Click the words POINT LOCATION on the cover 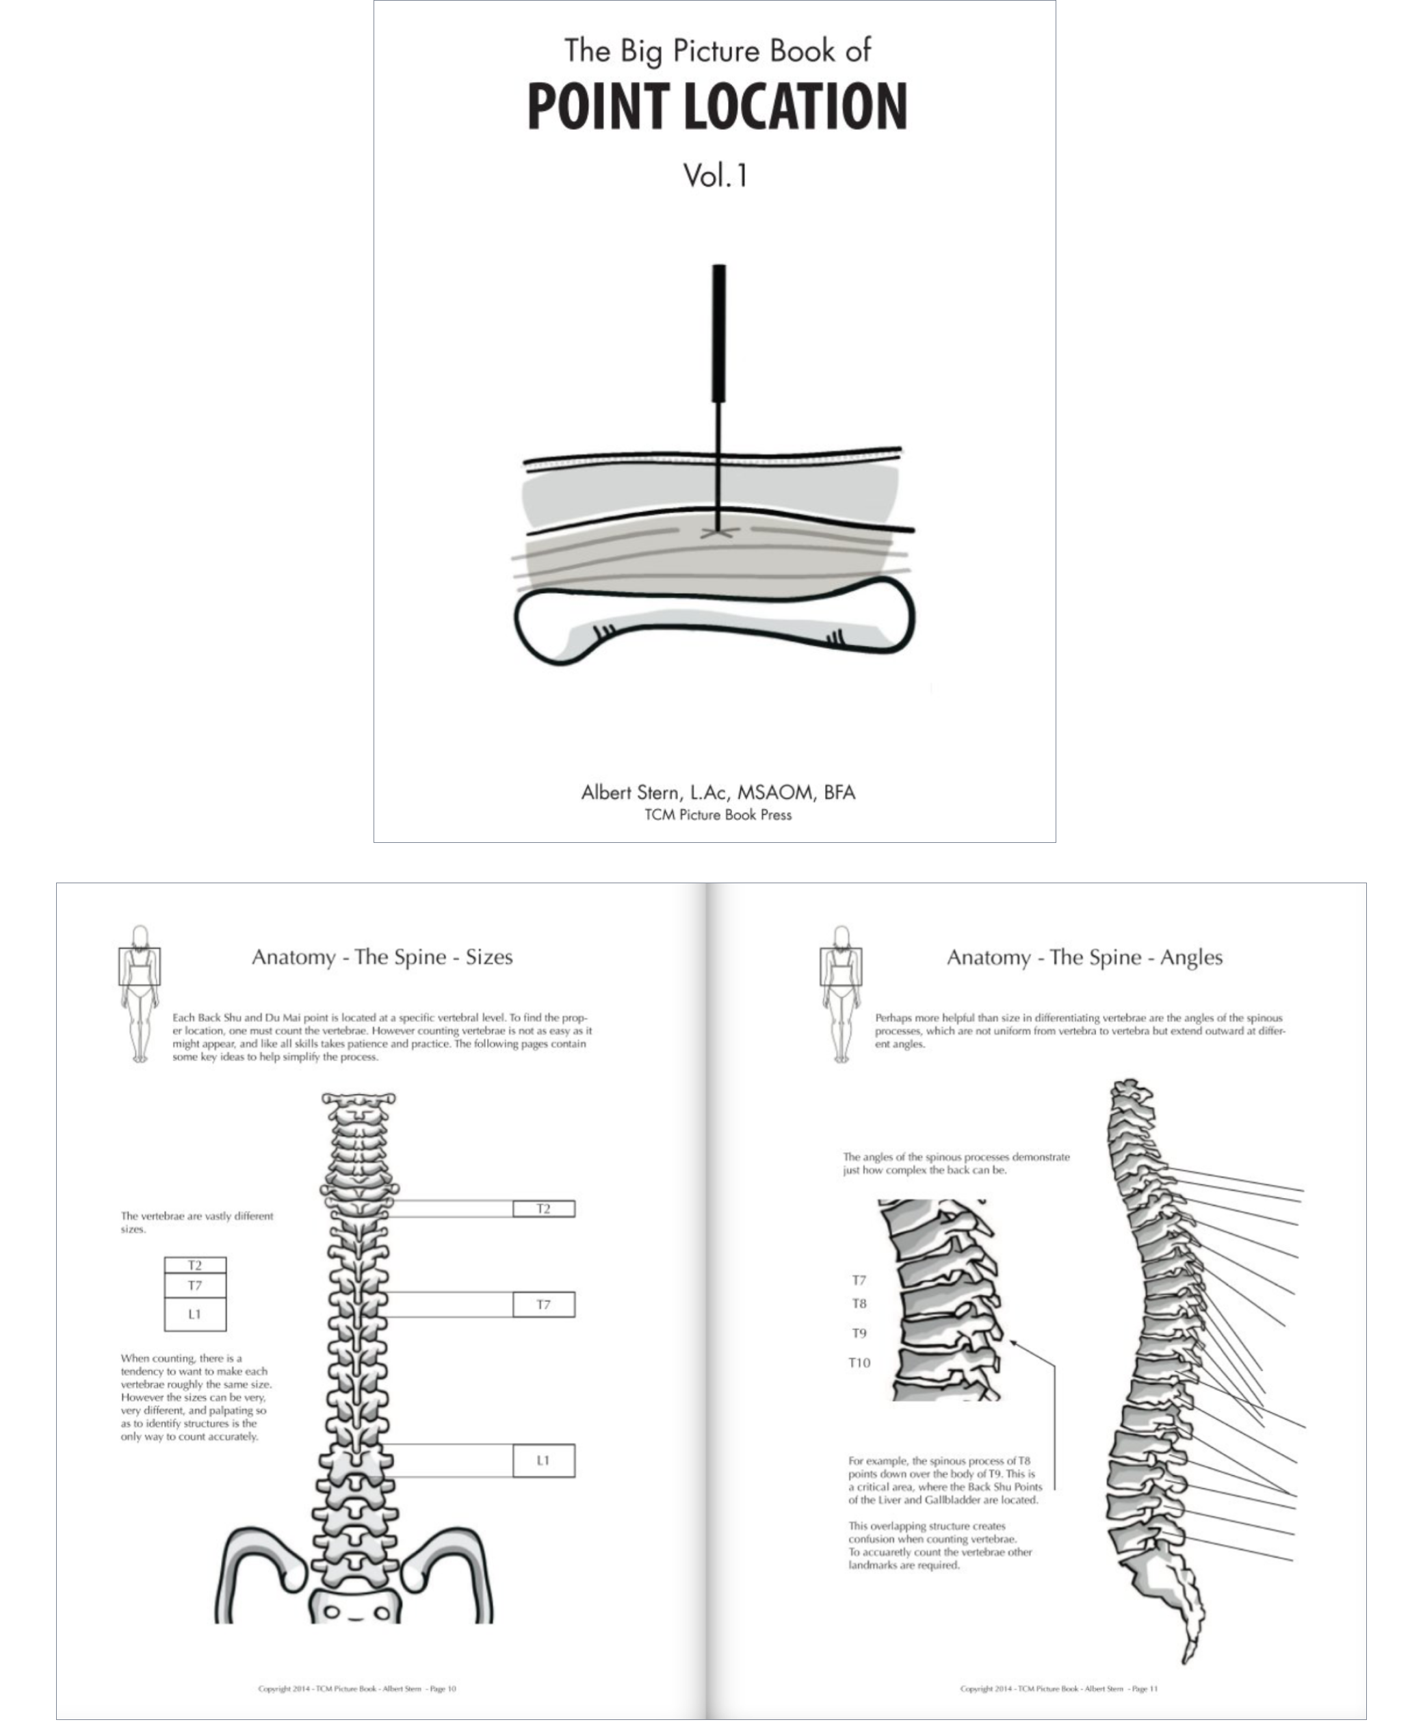[716, 107]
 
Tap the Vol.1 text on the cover [716, 175]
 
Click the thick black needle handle [719, 333]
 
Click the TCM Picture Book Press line [718, 815]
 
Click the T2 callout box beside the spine [543, 1209]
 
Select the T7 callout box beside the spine [543, 1304]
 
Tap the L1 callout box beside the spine [543, 1460]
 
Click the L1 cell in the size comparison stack [195, 1314]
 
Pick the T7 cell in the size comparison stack [195, 1286]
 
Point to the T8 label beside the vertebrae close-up [859, 1303]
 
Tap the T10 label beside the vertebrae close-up [859, 1362]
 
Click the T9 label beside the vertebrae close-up [859, 1333]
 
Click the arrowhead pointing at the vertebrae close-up [1013, 1342]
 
